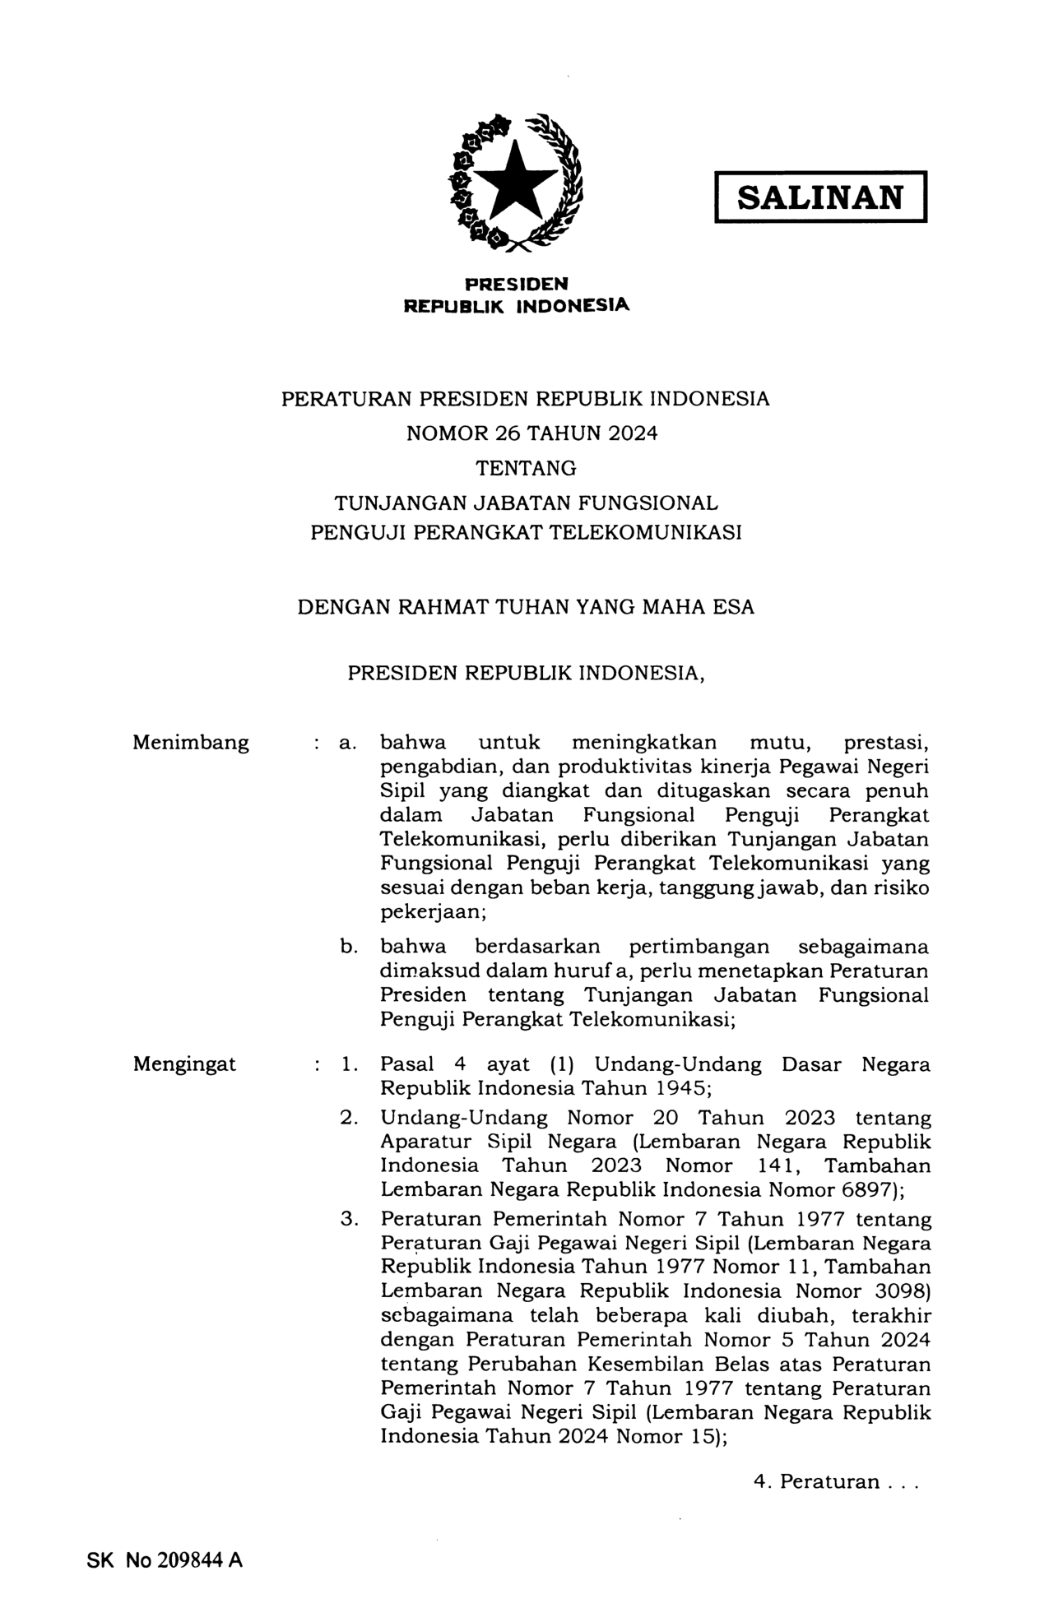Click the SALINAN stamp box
coord(819,197)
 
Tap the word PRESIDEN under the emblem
coord(516,285)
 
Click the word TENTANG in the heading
coord(527,469)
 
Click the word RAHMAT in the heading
coord(442,608)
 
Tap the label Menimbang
coord(191,743)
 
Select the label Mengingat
coord(184,1064)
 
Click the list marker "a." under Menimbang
coord(347,744)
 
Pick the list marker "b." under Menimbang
coord(348,947)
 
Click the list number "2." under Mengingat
coord(348,1118)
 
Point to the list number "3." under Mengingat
coord(348,1219)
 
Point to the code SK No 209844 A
coord(165,1560)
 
